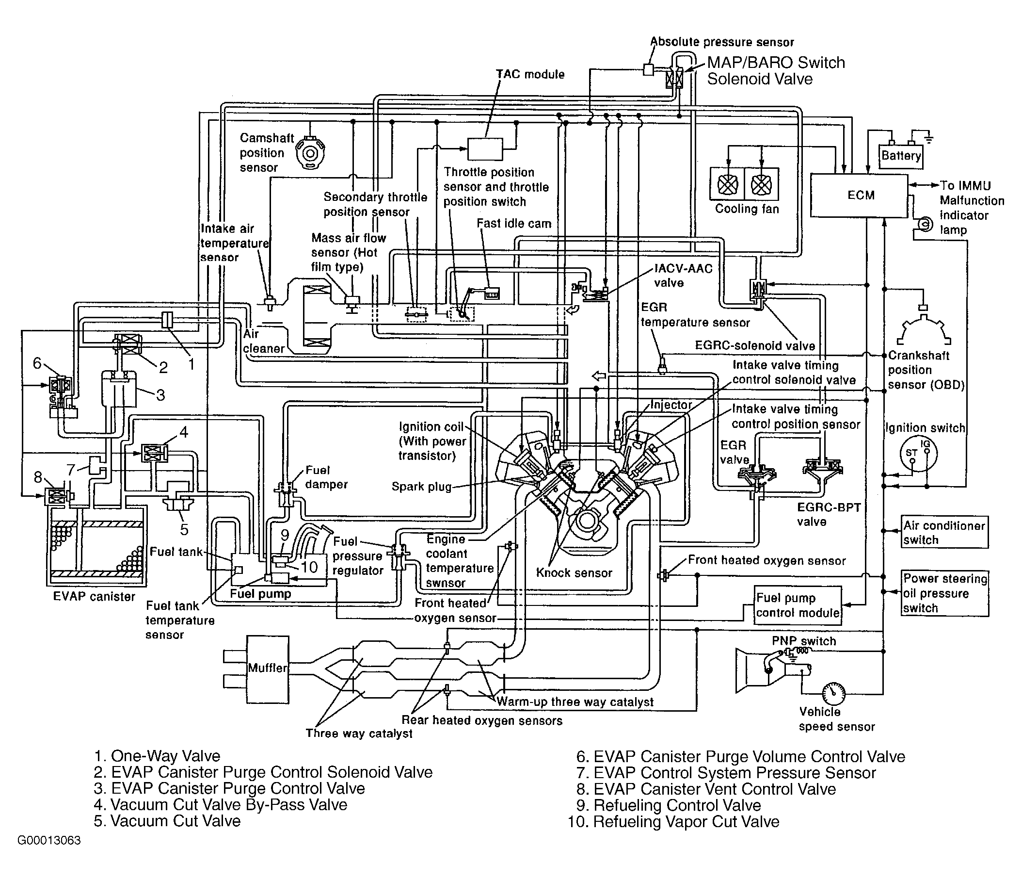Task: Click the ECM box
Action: tap(859, 196)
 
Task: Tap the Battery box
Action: tap(901, 156)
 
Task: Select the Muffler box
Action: tap(267, 668)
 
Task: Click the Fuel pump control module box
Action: tap(798, 605)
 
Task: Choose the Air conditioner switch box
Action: tap(944, 532)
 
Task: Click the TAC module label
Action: tap(530, 75)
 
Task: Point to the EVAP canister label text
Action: tap(94, 597)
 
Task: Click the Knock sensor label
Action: tap(574, 573)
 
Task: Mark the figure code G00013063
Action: tap(49, 841)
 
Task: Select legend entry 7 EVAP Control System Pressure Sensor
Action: tap(726, 773)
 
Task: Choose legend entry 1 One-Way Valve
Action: tap(157, 756)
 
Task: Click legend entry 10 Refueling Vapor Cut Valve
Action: tap(674, 822)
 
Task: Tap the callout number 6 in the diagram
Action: tap(37, 364)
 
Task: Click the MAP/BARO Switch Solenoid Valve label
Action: tap(776, 70)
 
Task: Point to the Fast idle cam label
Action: tap(513, 224)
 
